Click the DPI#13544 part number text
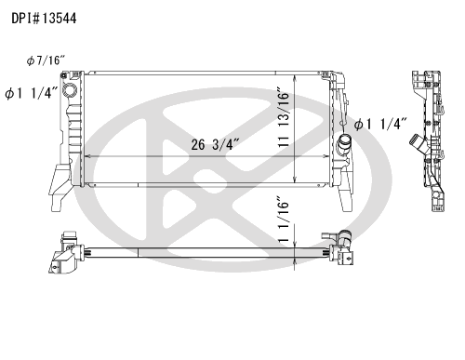pos(44,19)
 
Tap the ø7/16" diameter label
pos(46,60)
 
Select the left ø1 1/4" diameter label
pos(32,93)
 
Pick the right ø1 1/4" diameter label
pos(380,124)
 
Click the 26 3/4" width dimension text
pos(215,144)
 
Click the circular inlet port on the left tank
pos(69,89)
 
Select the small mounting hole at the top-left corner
pos(64,75)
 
